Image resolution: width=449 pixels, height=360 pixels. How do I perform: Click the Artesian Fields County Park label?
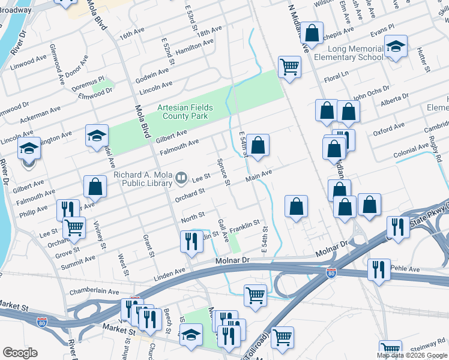tap(185, 112)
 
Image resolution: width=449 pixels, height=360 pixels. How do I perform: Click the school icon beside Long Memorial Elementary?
tap(396, 46)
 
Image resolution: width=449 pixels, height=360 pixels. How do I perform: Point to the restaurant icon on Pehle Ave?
tap(379, 269)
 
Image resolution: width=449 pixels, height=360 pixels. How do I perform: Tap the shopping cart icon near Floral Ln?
tap(289, 67)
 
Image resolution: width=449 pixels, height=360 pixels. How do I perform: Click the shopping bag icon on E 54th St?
tap(258, 145)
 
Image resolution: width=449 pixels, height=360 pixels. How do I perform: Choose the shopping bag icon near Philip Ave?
tap(95, 187)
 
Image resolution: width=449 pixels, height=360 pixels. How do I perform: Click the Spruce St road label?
tap(224, 172)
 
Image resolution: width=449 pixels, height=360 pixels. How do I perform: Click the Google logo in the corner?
tap(20, 353)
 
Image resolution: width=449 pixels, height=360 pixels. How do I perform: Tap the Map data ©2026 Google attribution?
tap(412, 355)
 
